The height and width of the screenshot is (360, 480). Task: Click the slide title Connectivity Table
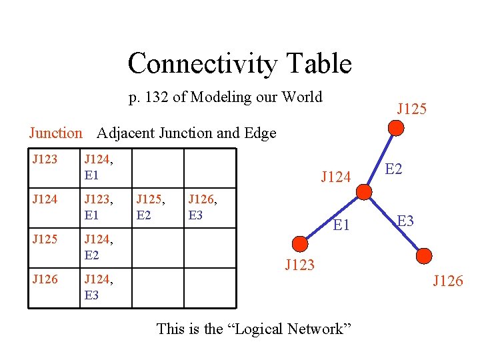tap(239, 64)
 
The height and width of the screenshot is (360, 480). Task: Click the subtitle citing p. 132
tap(225, 97)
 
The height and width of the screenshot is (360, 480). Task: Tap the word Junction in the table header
tap(55, 133)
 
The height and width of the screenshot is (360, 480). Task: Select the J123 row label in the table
tap(45, 159)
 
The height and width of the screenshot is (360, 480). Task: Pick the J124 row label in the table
tap(45, 198)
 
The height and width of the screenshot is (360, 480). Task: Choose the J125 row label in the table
tap(45, 238)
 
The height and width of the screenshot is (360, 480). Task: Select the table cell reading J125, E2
tap(150, 206)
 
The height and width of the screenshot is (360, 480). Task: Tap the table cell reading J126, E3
tap(203, 206)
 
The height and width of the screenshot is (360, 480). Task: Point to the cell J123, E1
tap(98, 206)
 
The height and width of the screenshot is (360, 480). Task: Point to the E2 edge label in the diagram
tap(394, 169)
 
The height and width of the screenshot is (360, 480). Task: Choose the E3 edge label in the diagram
tap(405, 221)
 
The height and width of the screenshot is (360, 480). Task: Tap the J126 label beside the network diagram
tap(447, 281)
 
